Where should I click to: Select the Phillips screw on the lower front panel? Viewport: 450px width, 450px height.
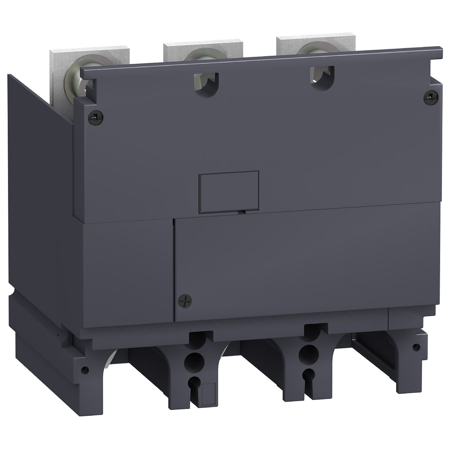tap(183, 300)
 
